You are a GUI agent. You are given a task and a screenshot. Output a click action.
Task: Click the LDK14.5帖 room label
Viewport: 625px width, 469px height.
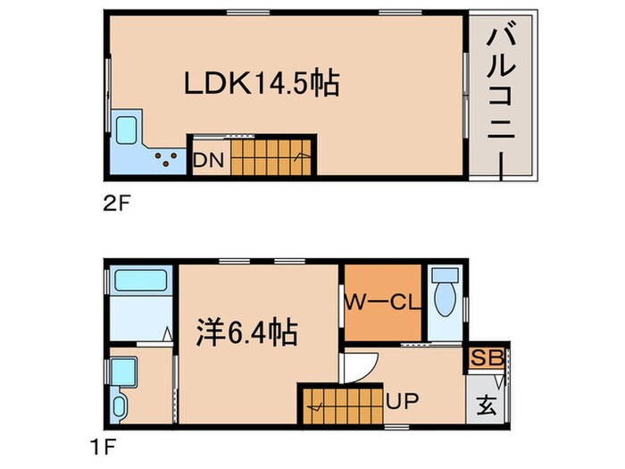point(261,85)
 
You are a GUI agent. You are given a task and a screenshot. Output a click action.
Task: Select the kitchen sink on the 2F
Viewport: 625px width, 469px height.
point(129,130)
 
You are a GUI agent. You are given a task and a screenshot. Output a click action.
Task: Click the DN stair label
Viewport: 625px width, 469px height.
point(209,161)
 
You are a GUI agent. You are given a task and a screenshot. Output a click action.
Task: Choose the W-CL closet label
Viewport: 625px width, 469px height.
point(382,304)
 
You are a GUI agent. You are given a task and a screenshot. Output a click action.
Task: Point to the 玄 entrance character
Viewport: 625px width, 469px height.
point(487,402)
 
